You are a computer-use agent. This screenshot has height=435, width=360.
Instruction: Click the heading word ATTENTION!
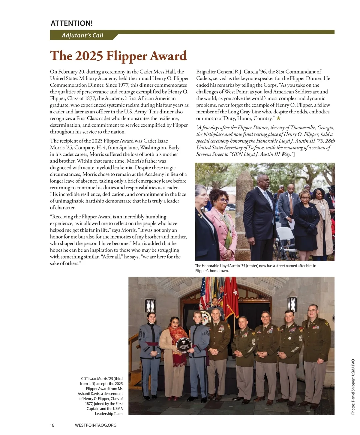pos(72,23)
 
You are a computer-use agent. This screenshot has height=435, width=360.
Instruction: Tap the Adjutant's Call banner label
pos(82,35)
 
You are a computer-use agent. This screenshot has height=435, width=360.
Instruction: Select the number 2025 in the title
pos(88,56)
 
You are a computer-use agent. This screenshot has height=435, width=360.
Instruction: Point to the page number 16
pos(52,425)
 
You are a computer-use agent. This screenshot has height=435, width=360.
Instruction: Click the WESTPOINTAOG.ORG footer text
pos(95,425)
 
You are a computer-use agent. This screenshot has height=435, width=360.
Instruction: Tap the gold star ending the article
pos(278,118)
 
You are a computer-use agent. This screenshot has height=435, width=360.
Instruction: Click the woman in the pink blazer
pos(222,222)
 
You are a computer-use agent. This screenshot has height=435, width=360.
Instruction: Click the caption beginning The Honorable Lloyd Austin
pos(255,268)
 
